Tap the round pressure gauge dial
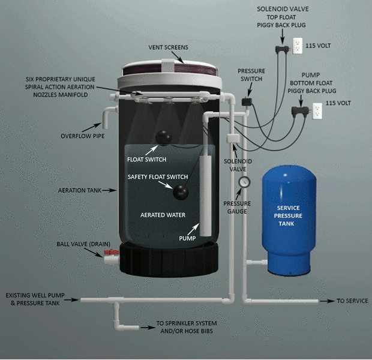pos(243,182)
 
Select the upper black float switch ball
pos(163,138)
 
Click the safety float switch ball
pos(180,191)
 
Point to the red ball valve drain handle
pos(111,253)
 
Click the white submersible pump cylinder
pos(206,192)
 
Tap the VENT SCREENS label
pos(169,47)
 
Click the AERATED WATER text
pos(162,214)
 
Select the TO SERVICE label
pos(352,301)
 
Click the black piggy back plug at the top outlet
pos(280,46)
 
